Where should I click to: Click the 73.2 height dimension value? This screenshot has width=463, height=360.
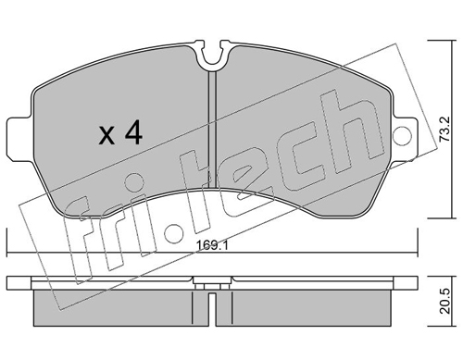coord(445,129)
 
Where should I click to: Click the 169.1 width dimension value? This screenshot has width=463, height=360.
coord(212,245)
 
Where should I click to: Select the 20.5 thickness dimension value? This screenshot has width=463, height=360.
coord(445,302)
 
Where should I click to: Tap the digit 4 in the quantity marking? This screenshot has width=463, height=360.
coord(133,133)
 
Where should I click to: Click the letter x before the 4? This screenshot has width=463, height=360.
coord(106,136)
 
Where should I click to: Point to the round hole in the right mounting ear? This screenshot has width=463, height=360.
coord(402,135)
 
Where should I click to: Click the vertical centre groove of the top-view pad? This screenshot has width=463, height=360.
coord(213,130)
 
